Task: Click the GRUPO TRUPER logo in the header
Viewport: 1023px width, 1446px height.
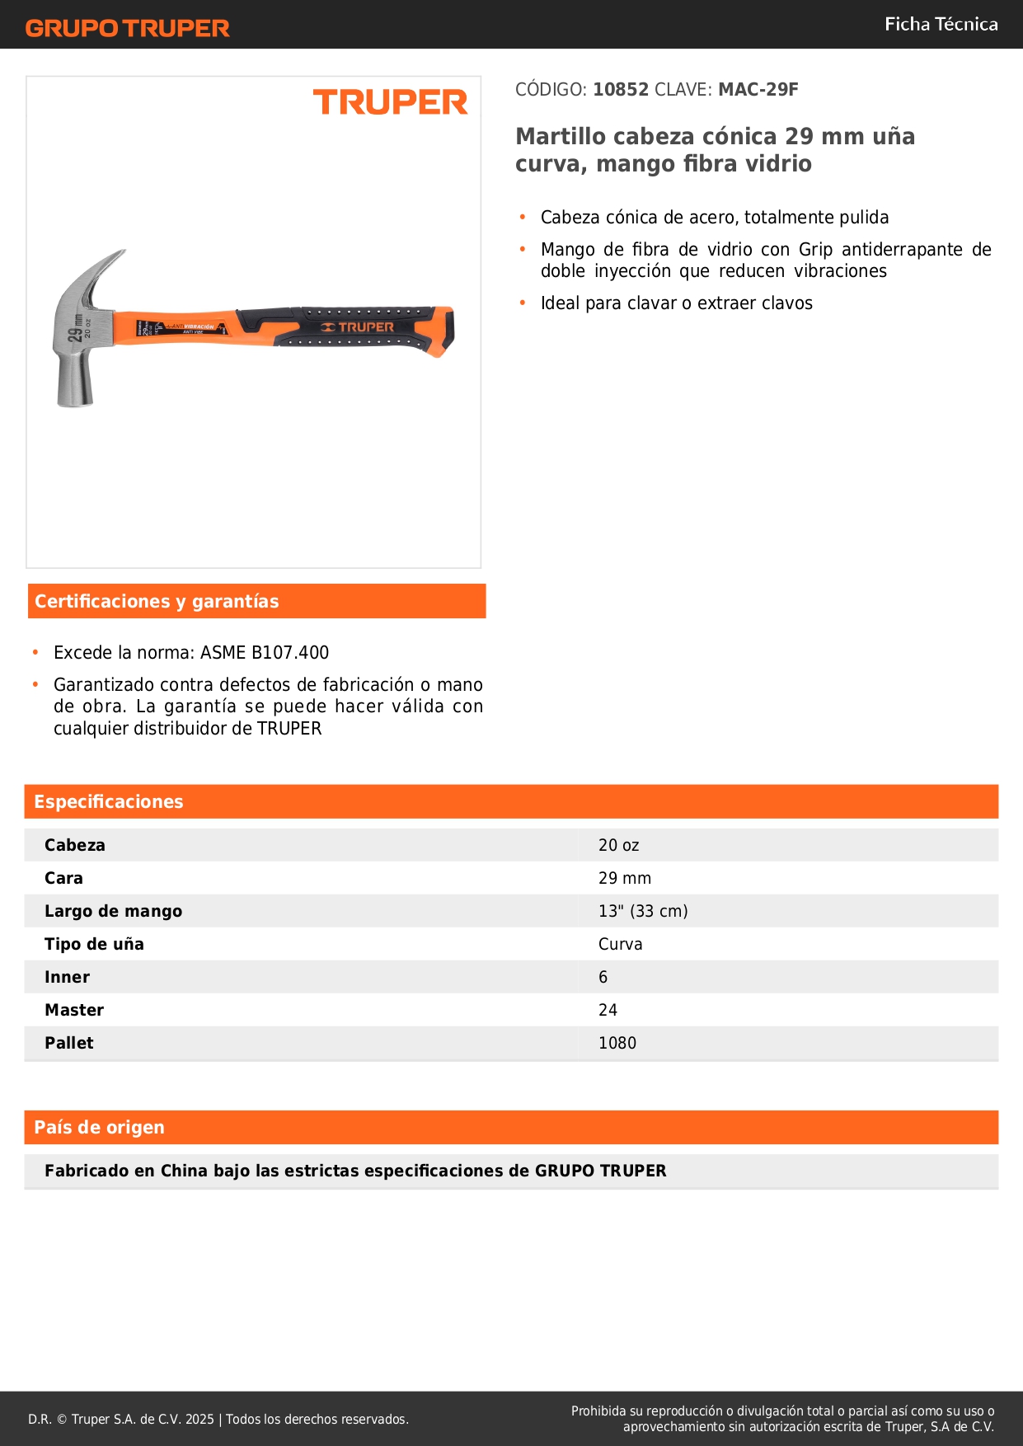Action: coord(127,28)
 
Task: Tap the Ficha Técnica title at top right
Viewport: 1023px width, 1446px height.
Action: coord(941,24)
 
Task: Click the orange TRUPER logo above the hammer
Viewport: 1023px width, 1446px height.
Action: coord(390,102)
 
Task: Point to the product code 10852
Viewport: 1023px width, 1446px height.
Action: coord(621,90)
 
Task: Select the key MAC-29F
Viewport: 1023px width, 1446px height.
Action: coord(758,90)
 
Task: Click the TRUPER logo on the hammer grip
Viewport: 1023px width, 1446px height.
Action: coord(359,327)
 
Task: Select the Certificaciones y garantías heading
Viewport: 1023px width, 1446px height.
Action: coord(157,601)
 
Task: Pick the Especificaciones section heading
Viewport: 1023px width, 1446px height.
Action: coord(108,801)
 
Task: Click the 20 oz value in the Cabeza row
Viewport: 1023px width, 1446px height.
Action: coord(618,845)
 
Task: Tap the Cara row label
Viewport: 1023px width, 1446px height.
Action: coord(63,878)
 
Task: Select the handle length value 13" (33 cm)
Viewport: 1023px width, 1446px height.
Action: coord(643,911)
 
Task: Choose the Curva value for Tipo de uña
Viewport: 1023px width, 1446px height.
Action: coord(620,944)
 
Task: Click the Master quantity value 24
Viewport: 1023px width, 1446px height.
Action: coord(608,1010)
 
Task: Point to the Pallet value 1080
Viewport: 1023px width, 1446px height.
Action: coord(617,1043)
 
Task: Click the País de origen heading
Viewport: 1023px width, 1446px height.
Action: coord(99,1127)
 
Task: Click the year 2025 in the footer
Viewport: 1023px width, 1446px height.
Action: coord(199,1419)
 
